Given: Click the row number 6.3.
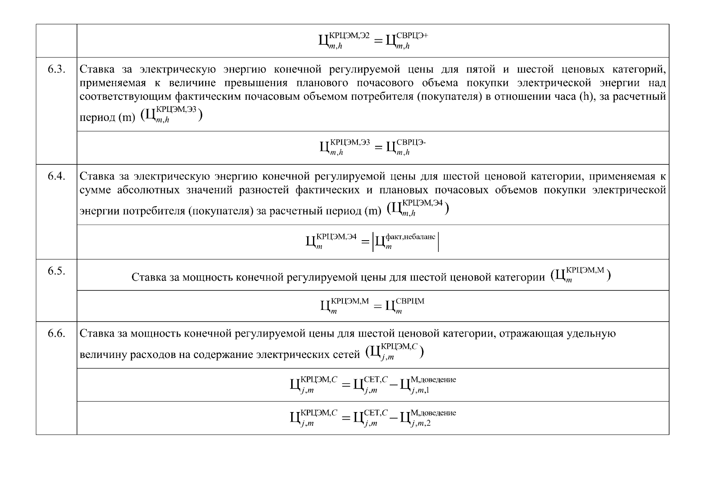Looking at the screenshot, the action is click(x=56, y=70).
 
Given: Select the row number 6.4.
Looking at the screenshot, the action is click(x=56, y=176).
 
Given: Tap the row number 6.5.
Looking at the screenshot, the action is click(x=56, y=271).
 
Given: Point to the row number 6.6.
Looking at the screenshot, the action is click(x=56, y=334).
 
